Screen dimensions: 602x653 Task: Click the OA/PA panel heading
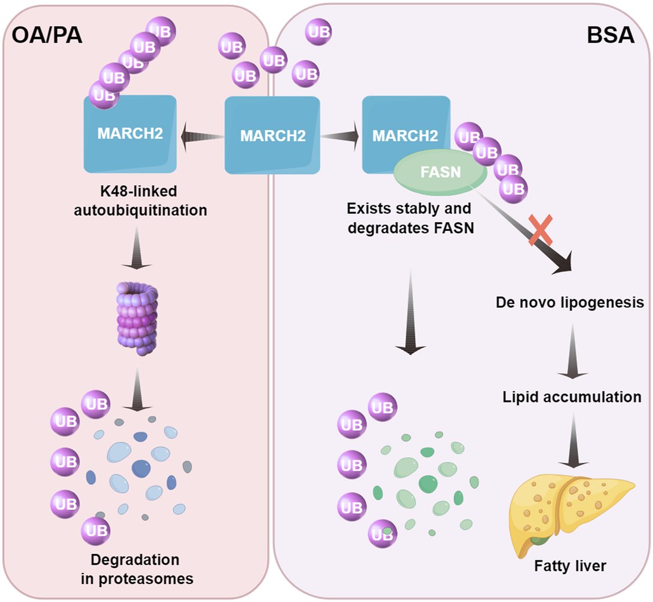pyautogui.click(x=47, y=35)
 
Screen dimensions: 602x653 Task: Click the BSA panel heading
pyautogui.click(x=610, y=35)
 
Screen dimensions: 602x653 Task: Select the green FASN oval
pyautogui.click(x=440, y=173)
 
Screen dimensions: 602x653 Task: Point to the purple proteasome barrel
pyautogui.click(x=137, y=318)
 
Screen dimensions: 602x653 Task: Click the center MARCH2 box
pyautogui.click(x=273, y=135)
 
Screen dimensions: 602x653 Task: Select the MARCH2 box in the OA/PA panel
pyautogui.click(x=130, y=133)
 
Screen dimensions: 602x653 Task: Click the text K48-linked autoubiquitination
pyautogui.click(x=140, y=200)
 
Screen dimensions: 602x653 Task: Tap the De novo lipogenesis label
pyautogui.click(x=570, y=302)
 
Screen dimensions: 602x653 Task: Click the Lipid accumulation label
pyautogui.click(x=572, y=397)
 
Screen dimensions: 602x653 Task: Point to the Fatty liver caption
pyautogui.click(x=570, y=566)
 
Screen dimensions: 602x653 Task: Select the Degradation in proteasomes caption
pyautogui.click(x=137, y=569)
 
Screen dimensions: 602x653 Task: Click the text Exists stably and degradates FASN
pyautogui.click(x=410, y=218)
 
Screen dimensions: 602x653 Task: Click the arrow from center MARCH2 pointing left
pyautogui.click(x=201, y=136)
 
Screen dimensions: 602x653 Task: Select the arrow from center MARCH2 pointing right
pyautogui.click(x=341, y=136)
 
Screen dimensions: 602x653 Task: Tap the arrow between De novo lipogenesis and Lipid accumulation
pyautogui.click(x=572, y=351)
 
